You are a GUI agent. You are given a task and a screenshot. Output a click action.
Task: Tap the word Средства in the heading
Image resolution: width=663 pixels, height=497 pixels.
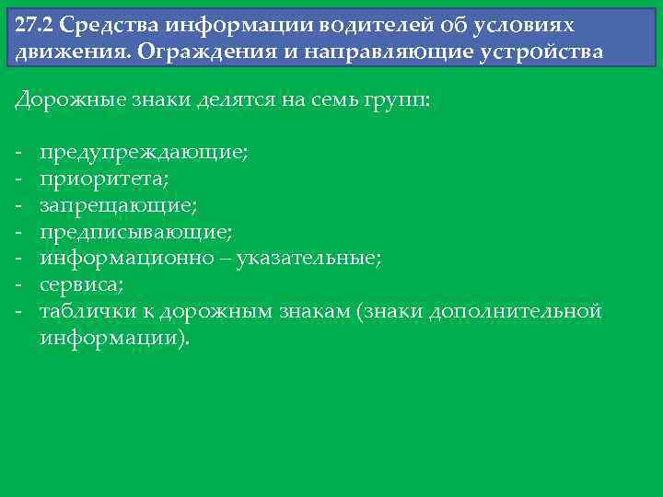[x=105, y=25]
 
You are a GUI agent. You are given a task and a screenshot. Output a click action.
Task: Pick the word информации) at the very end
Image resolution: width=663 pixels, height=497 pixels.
[x=115, y=338]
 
